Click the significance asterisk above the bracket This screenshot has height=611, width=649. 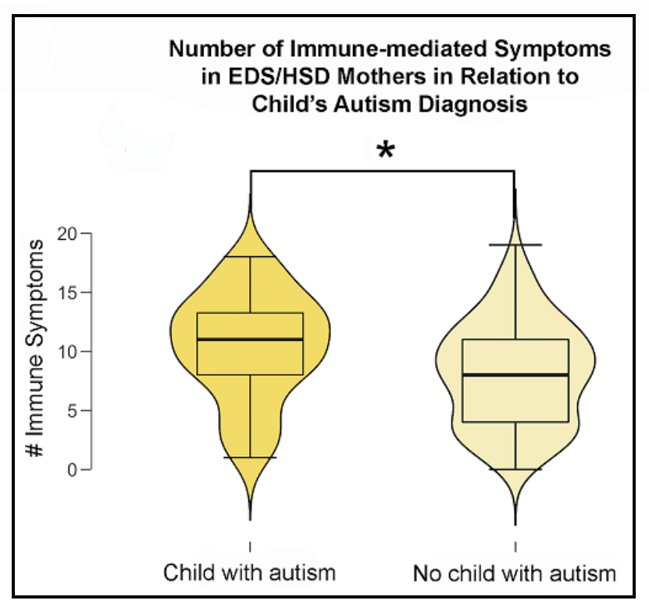pyautogui.click(x=384, y=151)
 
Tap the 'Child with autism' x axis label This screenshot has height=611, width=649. pyautogui.click(x=249, y=573)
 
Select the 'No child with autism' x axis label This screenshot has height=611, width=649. pyautogui.click(x=514, y=575)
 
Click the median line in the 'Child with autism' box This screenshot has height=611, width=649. pyautogui.click(x=250, y=339)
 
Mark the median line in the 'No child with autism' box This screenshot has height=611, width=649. pyautogui.click(x=515, y=375)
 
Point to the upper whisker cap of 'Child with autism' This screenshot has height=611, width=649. pyautogui.click(x=250, y=256)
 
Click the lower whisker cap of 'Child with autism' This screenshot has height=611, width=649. pyautogui.click(x=250, y=457)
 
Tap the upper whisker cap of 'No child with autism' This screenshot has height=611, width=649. pyautogui.click(x=515, y=245)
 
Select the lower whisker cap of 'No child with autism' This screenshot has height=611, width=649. pyautogui.click(x=515, y=469)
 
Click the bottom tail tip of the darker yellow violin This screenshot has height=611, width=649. pyautogui.click(x=250, y=519)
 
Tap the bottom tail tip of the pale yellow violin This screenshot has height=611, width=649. pyautogui.click(x=515, y=524)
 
